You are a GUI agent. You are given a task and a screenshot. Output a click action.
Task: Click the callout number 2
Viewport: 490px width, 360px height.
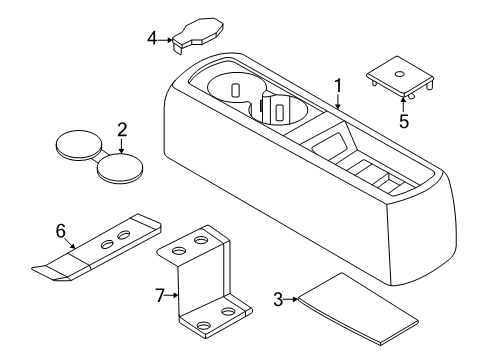coord(121,129)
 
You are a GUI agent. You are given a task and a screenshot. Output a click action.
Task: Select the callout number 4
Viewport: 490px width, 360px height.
coord(152,39)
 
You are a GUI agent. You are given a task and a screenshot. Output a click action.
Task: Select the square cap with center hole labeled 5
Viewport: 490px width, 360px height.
coord(402,75)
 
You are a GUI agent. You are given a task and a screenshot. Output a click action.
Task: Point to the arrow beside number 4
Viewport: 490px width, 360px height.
coord(168,41)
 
